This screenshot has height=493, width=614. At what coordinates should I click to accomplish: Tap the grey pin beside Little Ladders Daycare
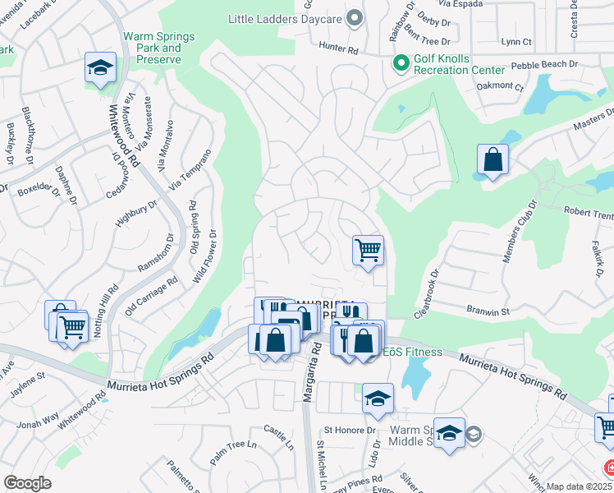point(355,17)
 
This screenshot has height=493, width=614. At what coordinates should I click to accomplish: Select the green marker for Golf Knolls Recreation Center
point(401,63)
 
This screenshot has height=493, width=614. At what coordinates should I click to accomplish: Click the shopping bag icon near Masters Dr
point(493,160)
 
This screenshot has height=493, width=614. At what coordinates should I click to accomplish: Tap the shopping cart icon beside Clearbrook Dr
point(369,249)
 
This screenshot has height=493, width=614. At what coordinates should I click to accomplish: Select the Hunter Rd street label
point(340,50)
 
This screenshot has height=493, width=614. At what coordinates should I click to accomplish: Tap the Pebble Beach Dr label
point(545,65)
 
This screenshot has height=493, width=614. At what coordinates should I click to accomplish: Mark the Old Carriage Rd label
point(152,297)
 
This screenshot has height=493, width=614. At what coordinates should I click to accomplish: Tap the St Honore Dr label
point(349,430)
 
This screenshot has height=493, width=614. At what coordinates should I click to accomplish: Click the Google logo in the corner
point(27,483)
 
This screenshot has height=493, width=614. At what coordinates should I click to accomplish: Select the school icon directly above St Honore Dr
point(378,399)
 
